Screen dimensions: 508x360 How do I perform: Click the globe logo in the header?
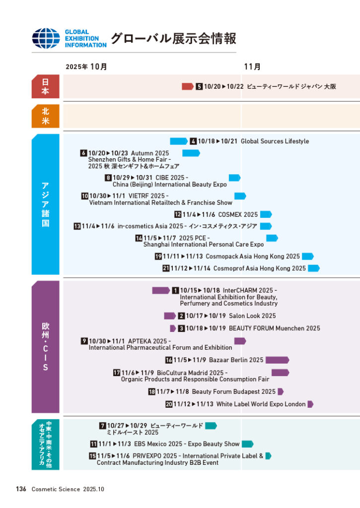[46, 39]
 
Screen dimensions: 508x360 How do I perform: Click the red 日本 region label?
[45, 86]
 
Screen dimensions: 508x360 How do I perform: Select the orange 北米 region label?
[45, 117]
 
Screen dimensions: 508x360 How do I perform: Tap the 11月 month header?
[252, 66]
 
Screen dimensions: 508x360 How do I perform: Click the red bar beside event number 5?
[187, 86]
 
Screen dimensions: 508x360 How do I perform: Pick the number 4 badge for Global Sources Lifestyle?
[194, 141]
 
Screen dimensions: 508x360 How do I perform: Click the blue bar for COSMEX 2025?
[266, 214]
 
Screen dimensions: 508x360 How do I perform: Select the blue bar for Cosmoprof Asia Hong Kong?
[313, 268]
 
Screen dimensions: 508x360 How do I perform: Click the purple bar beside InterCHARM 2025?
[161, 290]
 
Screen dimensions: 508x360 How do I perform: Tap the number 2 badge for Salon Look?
[181, 316]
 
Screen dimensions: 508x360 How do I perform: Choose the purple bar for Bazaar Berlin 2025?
[277, 360]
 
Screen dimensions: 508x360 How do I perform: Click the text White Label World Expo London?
[261, 404]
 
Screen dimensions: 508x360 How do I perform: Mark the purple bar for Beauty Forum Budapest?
[280, 392]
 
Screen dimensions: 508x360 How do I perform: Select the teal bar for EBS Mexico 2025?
[247, 444]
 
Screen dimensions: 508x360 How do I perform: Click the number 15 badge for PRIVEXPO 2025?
[92, 456]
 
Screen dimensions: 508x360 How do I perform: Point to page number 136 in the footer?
[21, 489]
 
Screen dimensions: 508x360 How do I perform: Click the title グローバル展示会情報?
[173, 38]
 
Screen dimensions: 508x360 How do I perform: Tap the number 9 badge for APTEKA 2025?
[84, 341]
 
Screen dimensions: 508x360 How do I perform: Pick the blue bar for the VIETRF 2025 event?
[240, 196]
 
